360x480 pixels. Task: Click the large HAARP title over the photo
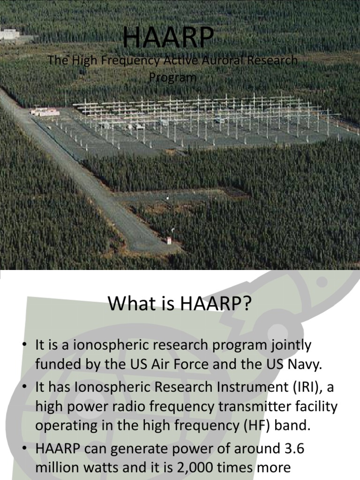(x=169, y=38)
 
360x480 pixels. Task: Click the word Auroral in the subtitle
(x=224, y=61)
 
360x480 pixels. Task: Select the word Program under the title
(x=172, y=76)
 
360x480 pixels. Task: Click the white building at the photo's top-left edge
(x=9, y=34)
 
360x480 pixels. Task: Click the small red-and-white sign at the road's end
(x=169, y=240)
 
